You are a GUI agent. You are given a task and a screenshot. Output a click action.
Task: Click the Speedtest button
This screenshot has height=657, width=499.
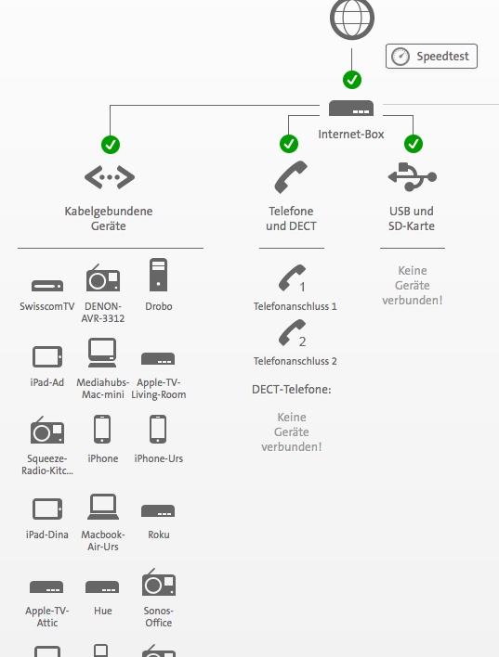tap(432, 57)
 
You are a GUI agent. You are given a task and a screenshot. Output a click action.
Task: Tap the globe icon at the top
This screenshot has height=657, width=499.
tap(351, 17)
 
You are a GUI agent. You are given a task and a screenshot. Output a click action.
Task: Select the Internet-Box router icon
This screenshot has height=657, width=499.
tap(351, 109)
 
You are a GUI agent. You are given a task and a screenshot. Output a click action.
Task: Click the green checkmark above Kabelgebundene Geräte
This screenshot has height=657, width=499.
tap(111, 144)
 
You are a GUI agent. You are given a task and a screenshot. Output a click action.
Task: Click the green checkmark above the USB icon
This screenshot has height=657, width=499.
tap(414, 144)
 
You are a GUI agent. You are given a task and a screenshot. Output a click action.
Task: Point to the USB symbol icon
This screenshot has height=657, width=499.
tap(412, 176)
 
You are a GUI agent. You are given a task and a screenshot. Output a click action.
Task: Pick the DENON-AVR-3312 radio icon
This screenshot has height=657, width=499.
tap(102, 278)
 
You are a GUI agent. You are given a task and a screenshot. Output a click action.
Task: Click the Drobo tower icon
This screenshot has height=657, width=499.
tap(158, 276)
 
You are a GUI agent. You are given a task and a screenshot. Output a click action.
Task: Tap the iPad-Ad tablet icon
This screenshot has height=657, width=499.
tap(46, 355)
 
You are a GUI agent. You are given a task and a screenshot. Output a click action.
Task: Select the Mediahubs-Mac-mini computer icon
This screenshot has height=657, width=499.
tap(102, 354)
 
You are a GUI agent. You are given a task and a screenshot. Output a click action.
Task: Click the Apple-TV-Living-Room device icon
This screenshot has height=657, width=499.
tap(158, 359)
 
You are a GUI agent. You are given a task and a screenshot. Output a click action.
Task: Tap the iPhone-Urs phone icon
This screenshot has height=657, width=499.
tap(158, 430)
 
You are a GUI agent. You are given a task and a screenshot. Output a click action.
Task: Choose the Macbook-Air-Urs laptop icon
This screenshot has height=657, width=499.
tap(102, 507)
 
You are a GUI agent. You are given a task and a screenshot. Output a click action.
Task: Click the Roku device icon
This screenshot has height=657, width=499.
tap(158, 510)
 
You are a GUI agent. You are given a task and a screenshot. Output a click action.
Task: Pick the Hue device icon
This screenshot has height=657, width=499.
tap(102, 587)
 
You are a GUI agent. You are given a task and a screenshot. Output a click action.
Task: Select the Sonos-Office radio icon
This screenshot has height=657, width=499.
tap(158, 583)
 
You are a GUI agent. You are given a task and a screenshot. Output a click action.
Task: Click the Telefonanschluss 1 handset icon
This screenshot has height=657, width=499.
tap(292, 277)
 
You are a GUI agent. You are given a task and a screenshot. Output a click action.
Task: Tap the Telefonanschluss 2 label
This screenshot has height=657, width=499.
tap(295, 361)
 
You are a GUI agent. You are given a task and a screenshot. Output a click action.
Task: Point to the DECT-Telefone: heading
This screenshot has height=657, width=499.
tap(291, 390)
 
